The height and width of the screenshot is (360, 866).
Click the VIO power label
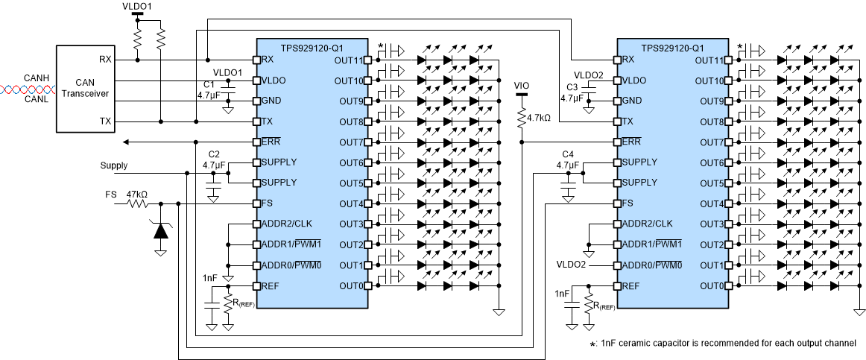pos(522,86)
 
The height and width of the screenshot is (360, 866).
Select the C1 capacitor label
pos(209,84)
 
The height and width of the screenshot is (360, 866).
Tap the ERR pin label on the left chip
pos(271,142)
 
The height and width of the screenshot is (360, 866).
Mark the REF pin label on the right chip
pos(631,285)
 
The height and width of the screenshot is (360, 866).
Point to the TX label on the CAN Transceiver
pos(106,121)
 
